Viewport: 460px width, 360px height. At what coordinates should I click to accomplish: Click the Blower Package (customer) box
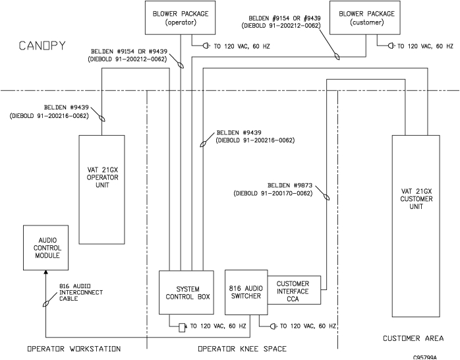pyautogui.click(x=366, y=18)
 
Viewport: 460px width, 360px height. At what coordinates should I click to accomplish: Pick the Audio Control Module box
pyautogui.click(x=45, y=247)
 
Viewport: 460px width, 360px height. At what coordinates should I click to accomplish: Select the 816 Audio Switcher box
pyautogui.click(x=245, y=293)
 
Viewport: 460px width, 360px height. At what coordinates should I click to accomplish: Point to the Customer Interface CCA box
pyautogui.click(x=294, y=291)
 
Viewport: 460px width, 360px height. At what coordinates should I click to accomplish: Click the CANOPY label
pyautogui.click(x=42, y=46)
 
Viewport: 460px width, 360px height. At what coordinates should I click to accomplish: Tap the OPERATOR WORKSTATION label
pyautogui.click(x=73, y=349)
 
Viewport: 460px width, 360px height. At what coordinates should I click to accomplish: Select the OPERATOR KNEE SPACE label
pyautogui.click(x=242, y=349)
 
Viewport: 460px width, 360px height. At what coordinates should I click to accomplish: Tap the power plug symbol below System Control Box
pyautogui.click(x=183, y=327)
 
